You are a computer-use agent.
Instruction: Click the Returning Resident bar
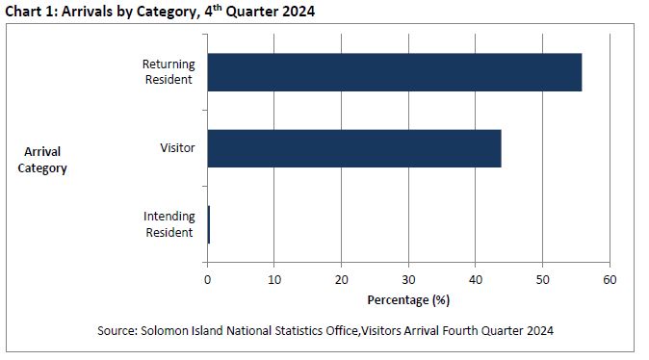point(394,72)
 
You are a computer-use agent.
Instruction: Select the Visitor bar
point(353,148)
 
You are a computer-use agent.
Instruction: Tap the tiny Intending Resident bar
point(208,224)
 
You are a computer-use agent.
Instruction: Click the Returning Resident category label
point(169,72)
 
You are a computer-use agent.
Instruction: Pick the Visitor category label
point(177,148)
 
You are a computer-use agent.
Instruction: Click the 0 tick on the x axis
point(207,279)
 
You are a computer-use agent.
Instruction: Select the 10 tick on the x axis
point(274,279)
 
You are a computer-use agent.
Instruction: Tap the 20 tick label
point(341,279)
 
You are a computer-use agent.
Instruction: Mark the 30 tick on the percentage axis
point(408,279)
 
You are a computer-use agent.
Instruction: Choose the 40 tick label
point(475,279)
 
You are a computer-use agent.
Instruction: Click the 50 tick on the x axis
point(542,279)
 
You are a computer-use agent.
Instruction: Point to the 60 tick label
point(609,279)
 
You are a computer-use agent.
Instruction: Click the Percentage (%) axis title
point(408,299)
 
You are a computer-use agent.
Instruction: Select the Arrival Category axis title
point(42,160)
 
